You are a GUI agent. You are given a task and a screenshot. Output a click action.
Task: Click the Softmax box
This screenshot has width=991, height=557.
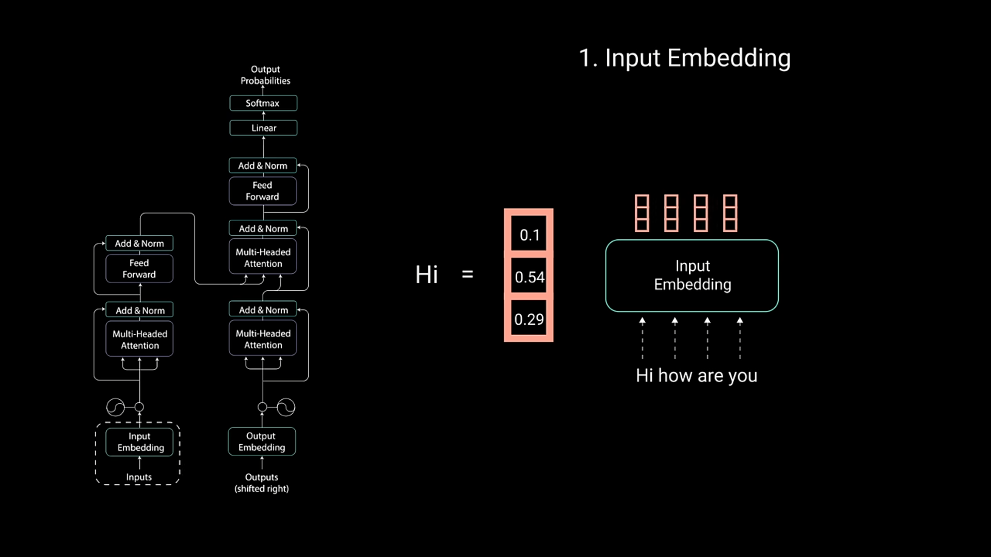tap(263, 103)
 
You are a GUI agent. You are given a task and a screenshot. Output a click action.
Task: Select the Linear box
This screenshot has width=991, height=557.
tap(263, 128)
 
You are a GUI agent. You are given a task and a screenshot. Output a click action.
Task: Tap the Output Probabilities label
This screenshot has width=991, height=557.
tap(265, 75)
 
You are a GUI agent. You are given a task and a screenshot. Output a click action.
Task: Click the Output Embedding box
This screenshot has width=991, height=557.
tap(262, 441)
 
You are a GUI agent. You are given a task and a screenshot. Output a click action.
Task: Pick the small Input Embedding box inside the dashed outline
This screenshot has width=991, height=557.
tap(139, 442)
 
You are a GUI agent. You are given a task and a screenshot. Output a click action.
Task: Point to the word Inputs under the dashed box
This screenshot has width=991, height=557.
tap(139, 477)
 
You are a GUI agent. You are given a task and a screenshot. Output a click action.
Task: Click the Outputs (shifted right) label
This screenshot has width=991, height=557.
tap(262, 483)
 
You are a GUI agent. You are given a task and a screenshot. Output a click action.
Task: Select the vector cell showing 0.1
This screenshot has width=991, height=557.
tap(529, 235)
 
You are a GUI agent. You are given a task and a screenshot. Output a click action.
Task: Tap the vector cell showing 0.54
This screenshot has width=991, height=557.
tap(529, 277)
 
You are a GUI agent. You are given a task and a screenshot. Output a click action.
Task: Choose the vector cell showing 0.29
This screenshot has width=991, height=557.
tap(529, 319)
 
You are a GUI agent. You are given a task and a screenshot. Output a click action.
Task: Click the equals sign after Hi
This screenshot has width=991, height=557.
tap(468, 274)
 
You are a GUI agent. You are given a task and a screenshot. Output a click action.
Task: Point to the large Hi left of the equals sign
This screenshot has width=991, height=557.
tap(426, 274)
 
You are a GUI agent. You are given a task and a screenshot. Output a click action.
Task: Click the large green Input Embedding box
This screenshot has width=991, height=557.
tap(692, 275)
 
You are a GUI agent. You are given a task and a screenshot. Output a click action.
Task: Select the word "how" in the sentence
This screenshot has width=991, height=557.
tap(675, 375)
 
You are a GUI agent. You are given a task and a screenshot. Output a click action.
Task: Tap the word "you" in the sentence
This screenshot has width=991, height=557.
tap(743, 376)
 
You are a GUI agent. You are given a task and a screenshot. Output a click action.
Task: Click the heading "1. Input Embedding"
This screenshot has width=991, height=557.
tap(684, 58)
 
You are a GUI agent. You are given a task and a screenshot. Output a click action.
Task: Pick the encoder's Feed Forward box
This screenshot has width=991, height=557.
tap(139, 269)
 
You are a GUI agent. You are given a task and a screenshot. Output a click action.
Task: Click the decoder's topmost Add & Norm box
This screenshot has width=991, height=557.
tap(263, 166)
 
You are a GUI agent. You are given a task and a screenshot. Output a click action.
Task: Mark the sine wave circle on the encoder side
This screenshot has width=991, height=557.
tap(116, 407)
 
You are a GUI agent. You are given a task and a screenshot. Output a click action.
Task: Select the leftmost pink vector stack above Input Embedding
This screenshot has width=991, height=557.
tap(642, 213)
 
